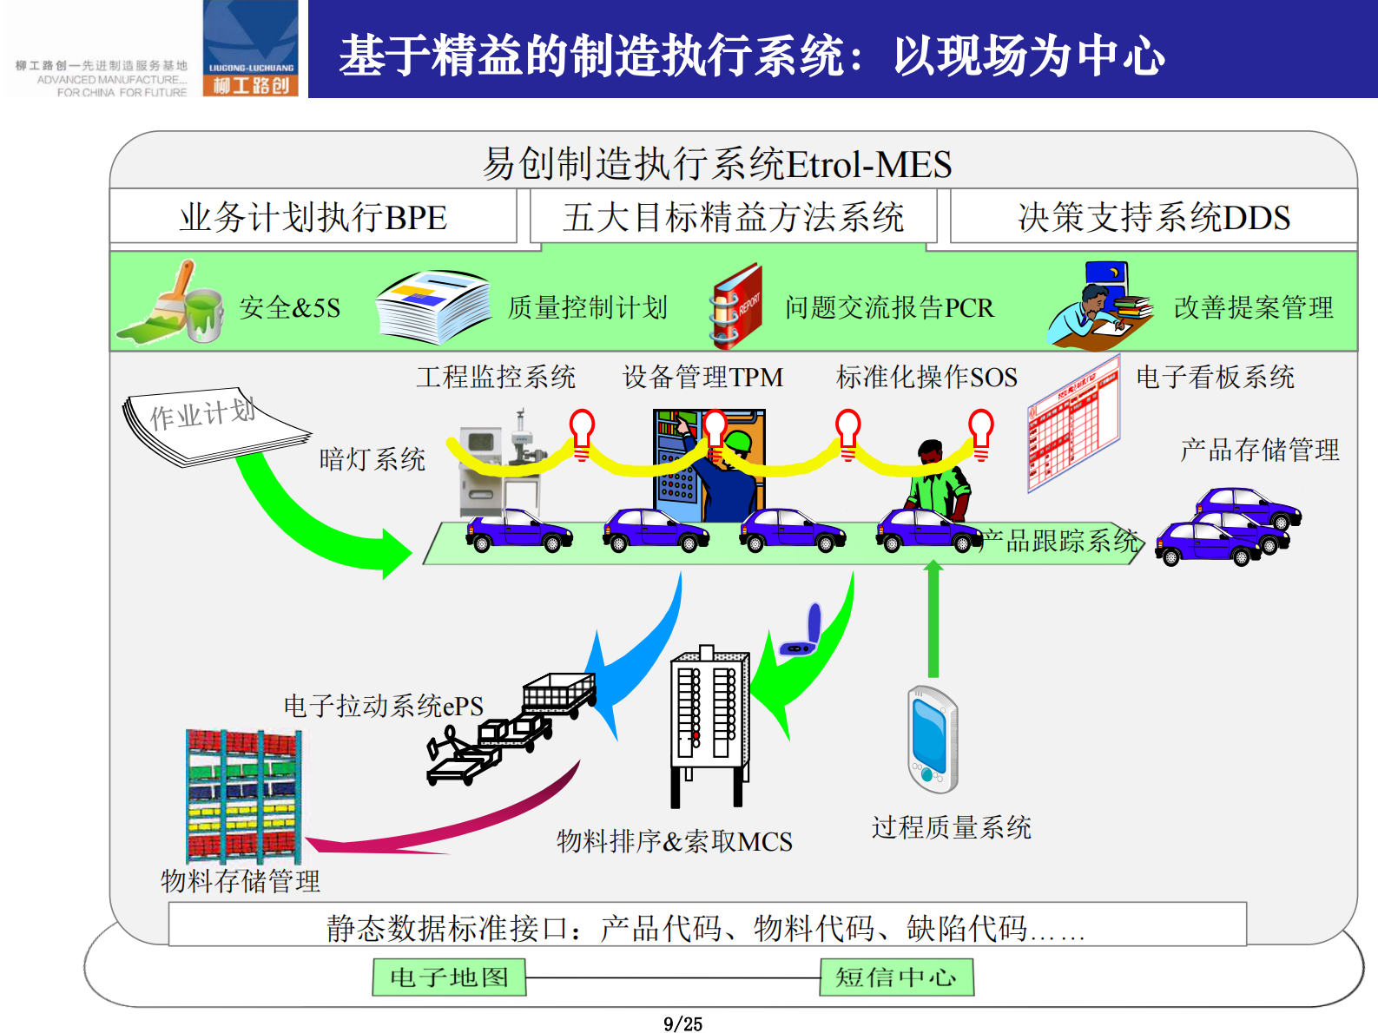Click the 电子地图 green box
[x=449, y=977]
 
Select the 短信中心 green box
[x=896, y=977]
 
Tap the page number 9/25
[x=682, y=1024]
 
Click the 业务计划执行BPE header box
[x=313, y=217]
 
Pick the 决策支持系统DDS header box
[x=1153, y=217]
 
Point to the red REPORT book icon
[x=736, y=306]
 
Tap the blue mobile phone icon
[x=932, y=739]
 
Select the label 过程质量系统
[x=951, y=827]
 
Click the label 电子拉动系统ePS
[x=383, y=706]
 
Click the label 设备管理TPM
[x=702, y=377]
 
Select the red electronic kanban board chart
[x=1074, y=424]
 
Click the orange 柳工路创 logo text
[x=250, y=85]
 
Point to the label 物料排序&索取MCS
[x=674, y=841]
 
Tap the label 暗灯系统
[x=372, y=459]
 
